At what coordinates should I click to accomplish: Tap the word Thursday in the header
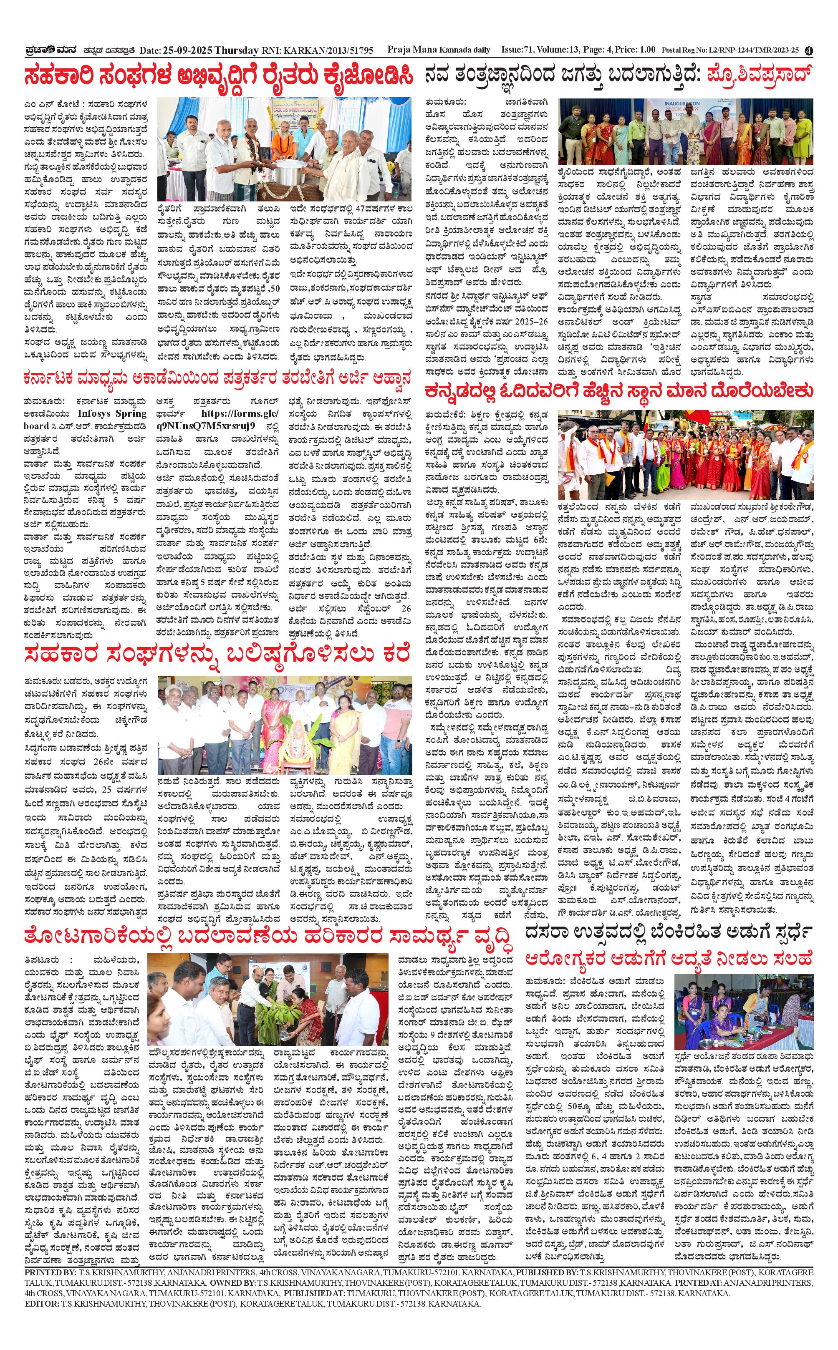(x=237, y=51)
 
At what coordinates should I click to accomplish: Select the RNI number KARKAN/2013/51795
(x=328, y=51)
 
